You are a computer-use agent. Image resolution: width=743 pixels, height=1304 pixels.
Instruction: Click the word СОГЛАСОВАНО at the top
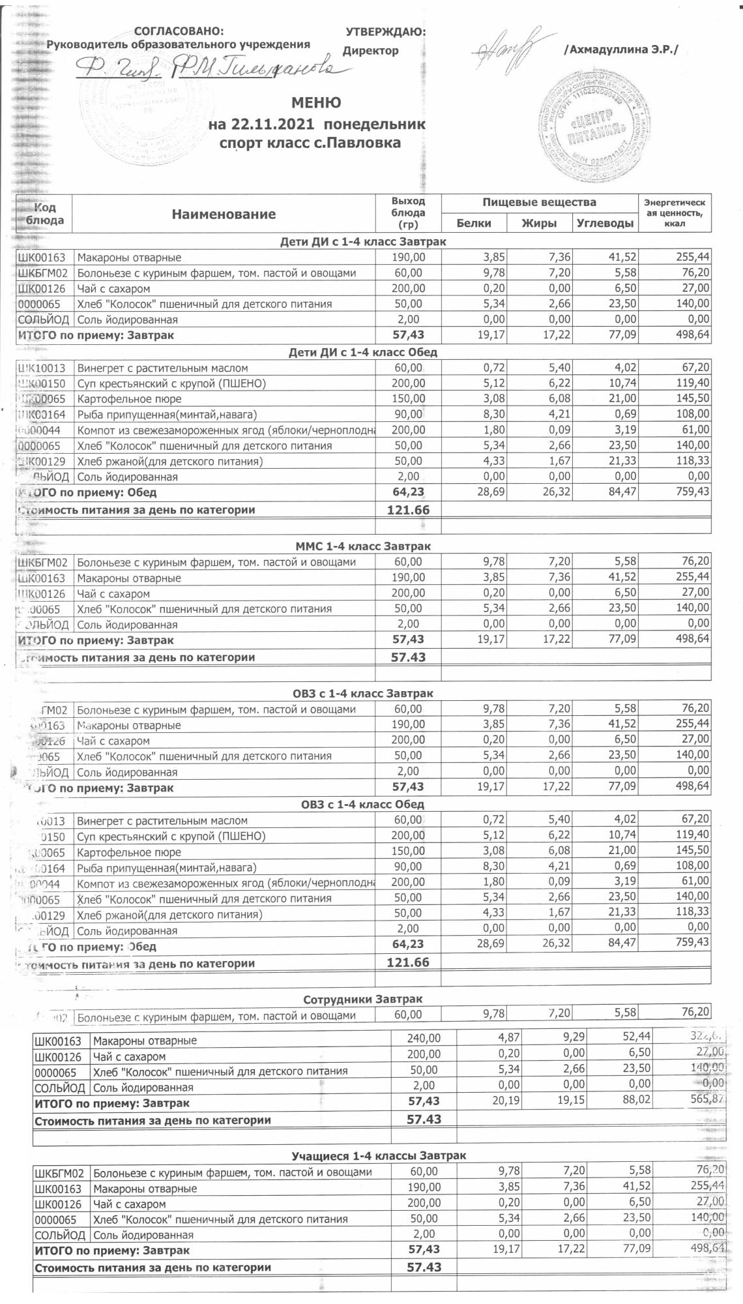(177, 31)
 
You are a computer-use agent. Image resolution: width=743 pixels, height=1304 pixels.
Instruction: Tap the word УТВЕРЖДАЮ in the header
(385, 31)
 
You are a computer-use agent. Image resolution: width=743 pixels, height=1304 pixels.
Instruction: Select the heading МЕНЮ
(315, 102)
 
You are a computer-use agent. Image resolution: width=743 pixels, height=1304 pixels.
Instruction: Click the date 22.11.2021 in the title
(270, 124)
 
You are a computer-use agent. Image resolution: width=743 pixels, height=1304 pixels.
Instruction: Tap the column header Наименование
(224, 214)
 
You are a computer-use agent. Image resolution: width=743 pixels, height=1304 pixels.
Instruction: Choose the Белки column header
(474, 223)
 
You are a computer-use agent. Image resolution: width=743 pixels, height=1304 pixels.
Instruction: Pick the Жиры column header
(539, 223)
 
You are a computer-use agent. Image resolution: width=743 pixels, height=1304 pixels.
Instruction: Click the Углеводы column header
(605, 223)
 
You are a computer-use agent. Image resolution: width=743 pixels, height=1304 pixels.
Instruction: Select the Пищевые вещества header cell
(539, 202)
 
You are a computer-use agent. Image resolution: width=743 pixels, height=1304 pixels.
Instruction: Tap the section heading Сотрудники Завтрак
(362, 999)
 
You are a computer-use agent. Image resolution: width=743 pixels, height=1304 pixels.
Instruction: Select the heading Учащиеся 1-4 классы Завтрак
(378, 1155)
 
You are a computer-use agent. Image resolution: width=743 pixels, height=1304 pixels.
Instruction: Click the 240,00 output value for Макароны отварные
(424, 1041)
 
